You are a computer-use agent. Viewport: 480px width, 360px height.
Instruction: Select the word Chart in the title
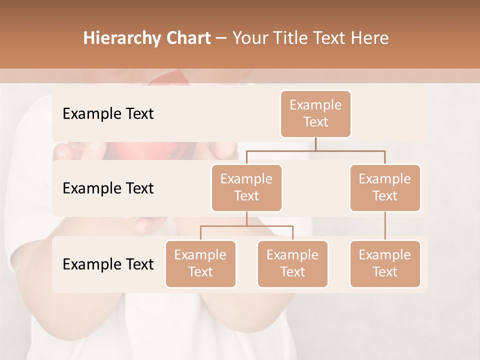pyautogui.click(x=188, y=38)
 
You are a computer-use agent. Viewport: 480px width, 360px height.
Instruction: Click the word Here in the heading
pyautogui.click(x=371, y=38)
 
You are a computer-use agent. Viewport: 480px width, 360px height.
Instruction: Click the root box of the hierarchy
pyautogui.click(x=315, y=113)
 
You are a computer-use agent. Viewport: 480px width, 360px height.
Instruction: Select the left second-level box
pyautogui.click(x=246, y=187)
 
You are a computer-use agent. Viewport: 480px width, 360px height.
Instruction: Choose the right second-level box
pyautogui.click(x=385, y=187)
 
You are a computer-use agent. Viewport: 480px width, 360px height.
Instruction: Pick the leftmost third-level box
pyautogui.click(x=200, y=263)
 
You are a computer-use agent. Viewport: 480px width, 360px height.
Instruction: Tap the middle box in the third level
pyautogui.click(x=292, y=263)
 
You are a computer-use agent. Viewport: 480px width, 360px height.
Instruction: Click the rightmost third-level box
pyautogui.click(x=385, y=263)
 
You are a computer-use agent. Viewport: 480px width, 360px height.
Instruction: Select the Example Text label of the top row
pyautogui.click(x=108, y=113)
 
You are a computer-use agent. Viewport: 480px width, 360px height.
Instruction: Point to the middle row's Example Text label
pyautogui.click(x=108, y=188)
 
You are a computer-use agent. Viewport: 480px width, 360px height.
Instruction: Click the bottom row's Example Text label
pyautogui.click(x=108, y=264)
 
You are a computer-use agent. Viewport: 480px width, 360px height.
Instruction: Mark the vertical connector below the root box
pyautogui.click(x=315, y=144)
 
